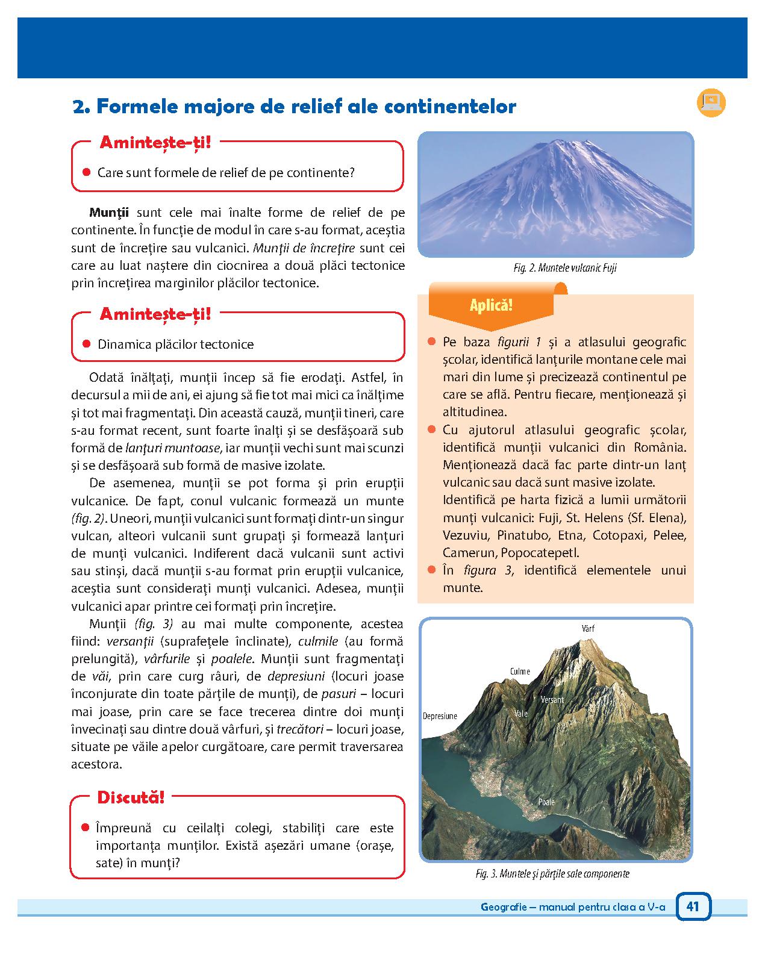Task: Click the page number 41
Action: pos(693,906)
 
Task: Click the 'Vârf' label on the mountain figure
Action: pos(589,628)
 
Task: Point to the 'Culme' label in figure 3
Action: pos(520,671)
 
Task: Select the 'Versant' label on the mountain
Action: pos(552,699)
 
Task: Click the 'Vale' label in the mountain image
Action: pos(521,713)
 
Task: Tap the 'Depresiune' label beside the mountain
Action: pos(440,716)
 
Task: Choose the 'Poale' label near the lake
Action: pos(546,802)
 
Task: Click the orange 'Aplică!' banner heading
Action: pos(491,305)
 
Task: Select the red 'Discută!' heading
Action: pos(131,798)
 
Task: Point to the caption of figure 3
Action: pos(552,874)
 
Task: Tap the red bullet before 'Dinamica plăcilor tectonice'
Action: pos(86,344)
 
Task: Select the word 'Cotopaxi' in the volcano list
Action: pos(616,535)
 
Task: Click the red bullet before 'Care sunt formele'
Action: pos(86,172)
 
